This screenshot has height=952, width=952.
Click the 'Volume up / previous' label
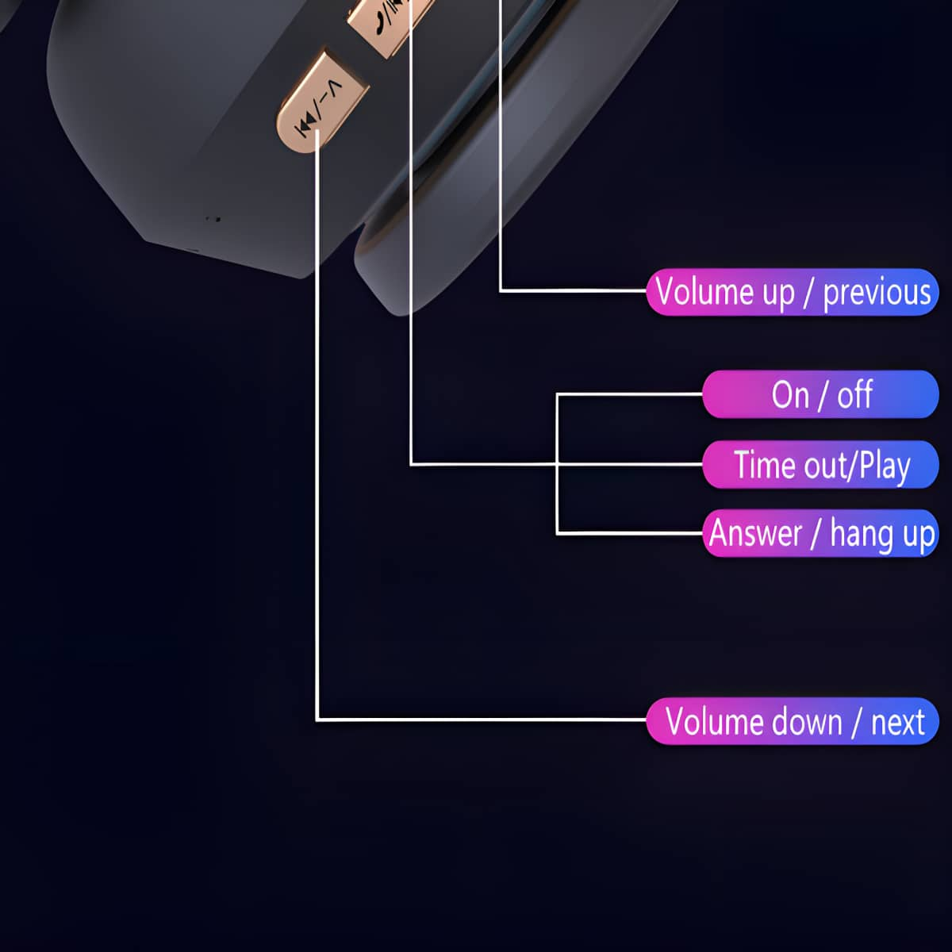793,292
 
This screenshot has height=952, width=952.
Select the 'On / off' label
820,394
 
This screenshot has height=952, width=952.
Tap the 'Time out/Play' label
820,464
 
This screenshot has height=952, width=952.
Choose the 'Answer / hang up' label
820,533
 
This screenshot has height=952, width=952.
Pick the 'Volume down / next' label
793,721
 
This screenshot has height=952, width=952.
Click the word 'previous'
877,294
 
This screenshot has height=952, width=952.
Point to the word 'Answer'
755,534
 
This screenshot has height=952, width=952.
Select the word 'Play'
885,466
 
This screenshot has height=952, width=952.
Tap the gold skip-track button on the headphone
321,102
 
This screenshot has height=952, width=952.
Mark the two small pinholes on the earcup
213,218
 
